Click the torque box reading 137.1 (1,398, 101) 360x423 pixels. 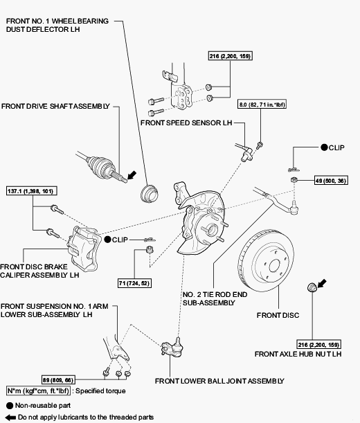pyautogui.click(x=32, y=191)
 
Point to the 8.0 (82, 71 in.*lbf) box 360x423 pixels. pyautogui.click(x=262, y=105)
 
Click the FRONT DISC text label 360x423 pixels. pyautogui.click(x=278, y=315)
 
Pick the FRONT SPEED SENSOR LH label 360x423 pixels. pyautogui.click(x=186, y=123)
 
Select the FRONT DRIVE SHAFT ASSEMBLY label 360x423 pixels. pyautogui.click(x=55, y=106)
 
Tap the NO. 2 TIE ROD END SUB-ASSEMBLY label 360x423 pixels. pyautogui.click(x=215, y=298)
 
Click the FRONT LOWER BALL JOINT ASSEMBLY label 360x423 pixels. pyautogui.click(x=219, y=381)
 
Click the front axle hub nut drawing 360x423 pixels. pyautogui.click(x=312, y=287)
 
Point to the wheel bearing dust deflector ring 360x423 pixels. pyautogui.click(x=150, y=193)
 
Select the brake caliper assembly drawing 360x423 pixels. pyautogui.click(x=84, y=248)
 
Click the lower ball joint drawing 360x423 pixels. pyautogui.click(x=172, y=347)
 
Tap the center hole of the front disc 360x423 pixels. pyautogui.click(x=274, y=266)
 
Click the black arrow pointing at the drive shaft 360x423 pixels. pyautogui.click(x=132, y=175)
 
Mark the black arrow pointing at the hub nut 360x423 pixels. pyautogui.click(x=322, y=283)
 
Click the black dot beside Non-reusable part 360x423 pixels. pyautogui.click(x=10, y=406)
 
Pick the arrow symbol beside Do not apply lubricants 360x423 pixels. pyautogui.click(x=10, y=417)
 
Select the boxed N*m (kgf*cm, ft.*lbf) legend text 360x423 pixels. pyautogui.click(x=38, y=390)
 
